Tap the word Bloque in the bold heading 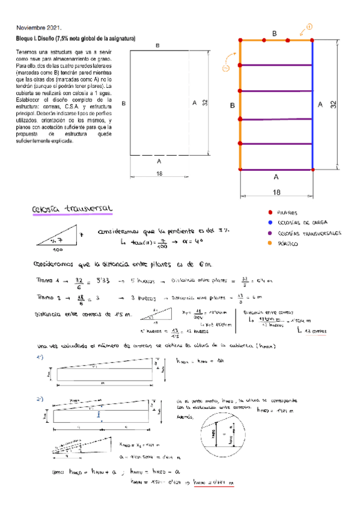point(28,38)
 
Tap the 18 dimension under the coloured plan point(276,192)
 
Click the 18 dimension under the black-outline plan point(159,174)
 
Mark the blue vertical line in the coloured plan point(313,105)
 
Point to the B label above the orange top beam point(274,34)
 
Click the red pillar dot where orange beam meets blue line point(313,40)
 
